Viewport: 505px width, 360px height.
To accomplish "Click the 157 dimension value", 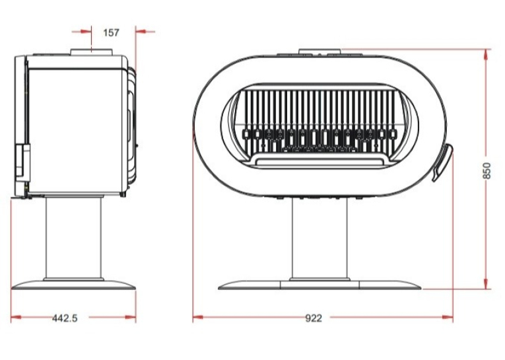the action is point(111,32).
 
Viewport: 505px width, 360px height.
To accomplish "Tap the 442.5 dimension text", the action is point(65,318).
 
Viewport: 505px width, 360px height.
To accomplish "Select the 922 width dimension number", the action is point(314,318).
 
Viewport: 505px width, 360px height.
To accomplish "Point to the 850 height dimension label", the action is point(487,171).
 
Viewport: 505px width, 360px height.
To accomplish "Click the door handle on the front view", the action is point(442,162).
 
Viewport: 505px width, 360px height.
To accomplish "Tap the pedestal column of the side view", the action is point(74,237).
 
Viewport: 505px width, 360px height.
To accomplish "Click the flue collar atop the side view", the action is point(92,52).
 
